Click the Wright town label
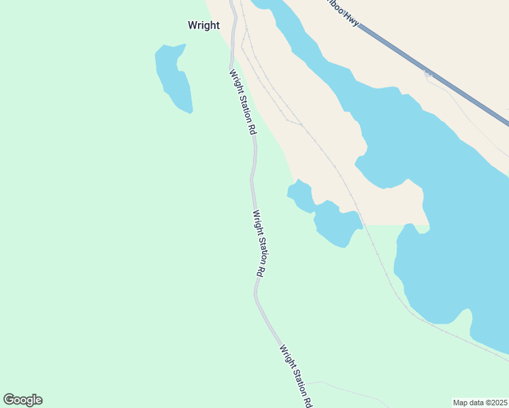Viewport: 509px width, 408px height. [x=203, y=26]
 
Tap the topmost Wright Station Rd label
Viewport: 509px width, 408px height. [x=242, y=102]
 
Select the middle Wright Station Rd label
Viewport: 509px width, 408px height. [x=259, y=242]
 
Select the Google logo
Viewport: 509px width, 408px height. [x=22, y=400]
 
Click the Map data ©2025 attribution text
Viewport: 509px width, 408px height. [x=480, y=403]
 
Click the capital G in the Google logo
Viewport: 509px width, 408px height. [x=9, y=400]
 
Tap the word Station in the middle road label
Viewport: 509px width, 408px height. [x=259, y=245]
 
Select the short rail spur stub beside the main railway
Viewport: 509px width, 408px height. [x=293, y=122]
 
